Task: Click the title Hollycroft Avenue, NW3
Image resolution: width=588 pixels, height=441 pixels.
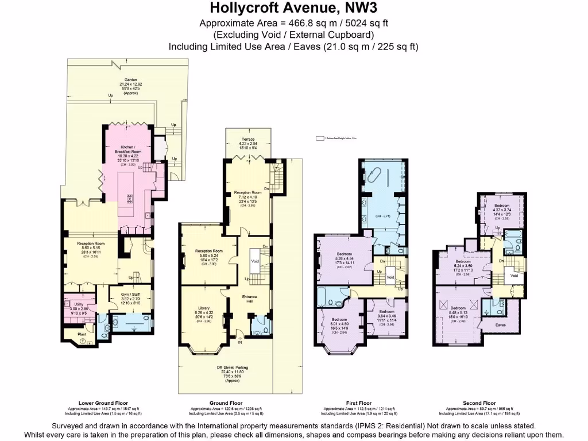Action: point(293,8)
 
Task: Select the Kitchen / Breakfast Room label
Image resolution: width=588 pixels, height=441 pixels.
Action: point(128,149)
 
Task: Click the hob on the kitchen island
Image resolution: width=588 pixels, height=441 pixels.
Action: point(129,199)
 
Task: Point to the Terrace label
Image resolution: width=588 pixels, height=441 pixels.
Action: point(247,139)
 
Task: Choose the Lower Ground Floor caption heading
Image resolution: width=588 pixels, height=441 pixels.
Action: point(103,403)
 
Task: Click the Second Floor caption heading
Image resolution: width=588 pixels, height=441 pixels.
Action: point(479,403)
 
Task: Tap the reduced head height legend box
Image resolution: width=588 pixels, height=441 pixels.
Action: point(320,138)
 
